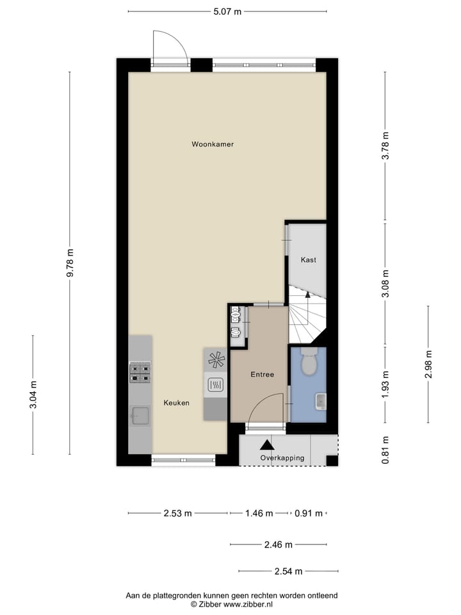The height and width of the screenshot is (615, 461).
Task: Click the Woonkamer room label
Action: (213, 144)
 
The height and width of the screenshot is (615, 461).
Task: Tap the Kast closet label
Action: (309, 259)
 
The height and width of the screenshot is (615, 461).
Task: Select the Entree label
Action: (262, 374)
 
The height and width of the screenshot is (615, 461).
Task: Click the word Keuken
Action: (176, 403)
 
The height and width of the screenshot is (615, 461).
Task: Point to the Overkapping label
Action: (282, 458)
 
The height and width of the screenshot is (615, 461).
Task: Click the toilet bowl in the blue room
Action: (308, 363)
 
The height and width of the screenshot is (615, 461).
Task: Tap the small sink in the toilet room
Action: (320, 402)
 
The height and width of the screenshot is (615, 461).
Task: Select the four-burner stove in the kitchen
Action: (140, 372)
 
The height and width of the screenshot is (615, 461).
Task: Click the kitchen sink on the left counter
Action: (140, 416)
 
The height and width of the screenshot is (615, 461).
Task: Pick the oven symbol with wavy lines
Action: (216, 385)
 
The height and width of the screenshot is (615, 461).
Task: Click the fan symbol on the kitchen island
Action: (216, 359)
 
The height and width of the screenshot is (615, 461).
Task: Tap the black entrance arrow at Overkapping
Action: (266, 444)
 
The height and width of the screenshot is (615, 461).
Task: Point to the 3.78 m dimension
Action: (385, 147)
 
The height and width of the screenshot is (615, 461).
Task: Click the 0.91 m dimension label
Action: (308, 513)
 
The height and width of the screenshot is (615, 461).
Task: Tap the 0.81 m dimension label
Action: (385, 450)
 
